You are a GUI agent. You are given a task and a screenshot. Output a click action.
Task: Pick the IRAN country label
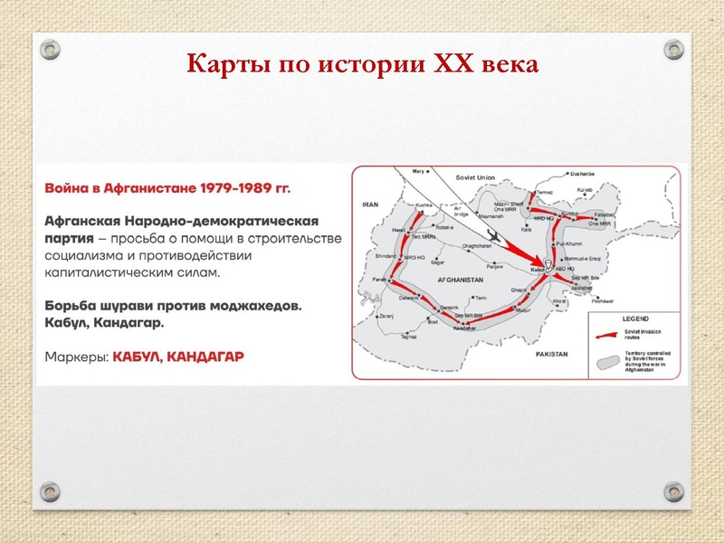369,205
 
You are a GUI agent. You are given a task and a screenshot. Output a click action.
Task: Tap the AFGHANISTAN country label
463,281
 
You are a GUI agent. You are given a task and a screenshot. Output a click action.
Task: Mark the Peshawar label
602,300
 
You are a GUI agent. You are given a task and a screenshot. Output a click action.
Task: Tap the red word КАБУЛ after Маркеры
141,357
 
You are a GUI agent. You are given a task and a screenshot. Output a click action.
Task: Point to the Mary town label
417,170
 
